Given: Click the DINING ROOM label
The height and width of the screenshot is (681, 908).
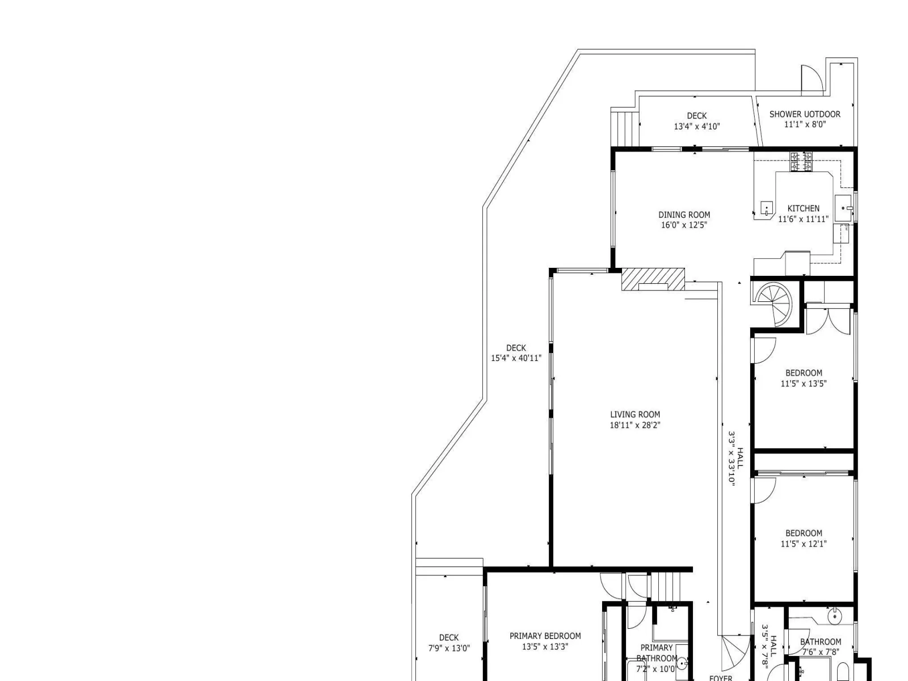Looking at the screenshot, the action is point(684,215).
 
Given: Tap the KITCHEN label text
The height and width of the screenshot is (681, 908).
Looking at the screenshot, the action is point(803,208).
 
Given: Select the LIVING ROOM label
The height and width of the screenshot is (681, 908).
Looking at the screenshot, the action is point(635,414).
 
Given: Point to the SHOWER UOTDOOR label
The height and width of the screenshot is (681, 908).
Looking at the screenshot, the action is point(805,114).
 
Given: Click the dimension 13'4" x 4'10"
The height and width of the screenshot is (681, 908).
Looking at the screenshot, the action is point(697,127).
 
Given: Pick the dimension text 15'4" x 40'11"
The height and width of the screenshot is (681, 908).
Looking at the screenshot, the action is point(516,358).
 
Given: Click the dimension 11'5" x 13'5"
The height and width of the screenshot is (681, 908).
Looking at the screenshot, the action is point(804,384).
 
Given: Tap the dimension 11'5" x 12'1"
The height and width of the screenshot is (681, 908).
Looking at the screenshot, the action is point(804,544).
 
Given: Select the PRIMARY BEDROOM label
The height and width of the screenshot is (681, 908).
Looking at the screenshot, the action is point(545,636).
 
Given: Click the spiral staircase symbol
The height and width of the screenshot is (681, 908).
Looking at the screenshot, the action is point(772,304).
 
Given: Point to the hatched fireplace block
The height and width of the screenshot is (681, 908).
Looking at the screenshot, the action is point(653,279).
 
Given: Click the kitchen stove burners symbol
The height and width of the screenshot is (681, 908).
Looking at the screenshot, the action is point(801,162).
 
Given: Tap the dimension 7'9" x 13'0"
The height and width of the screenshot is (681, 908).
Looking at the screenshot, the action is point(449,648).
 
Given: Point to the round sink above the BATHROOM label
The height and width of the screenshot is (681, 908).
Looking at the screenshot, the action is point(835,617).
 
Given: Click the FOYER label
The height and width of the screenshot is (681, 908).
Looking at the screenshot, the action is point(721,678).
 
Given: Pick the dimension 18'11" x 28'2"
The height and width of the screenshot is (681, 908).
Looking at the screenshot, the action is point(635,425).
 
